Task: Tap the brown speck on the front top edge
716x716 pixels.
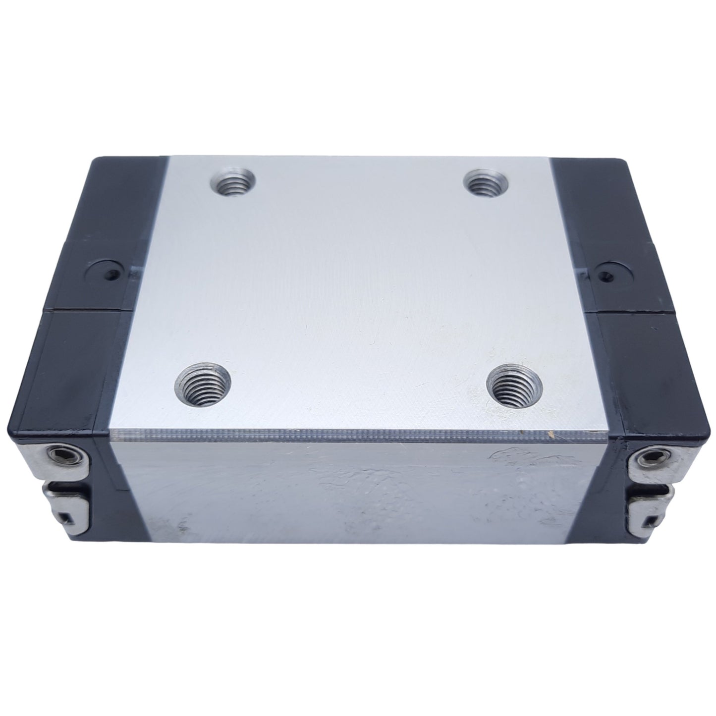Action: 549,437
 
